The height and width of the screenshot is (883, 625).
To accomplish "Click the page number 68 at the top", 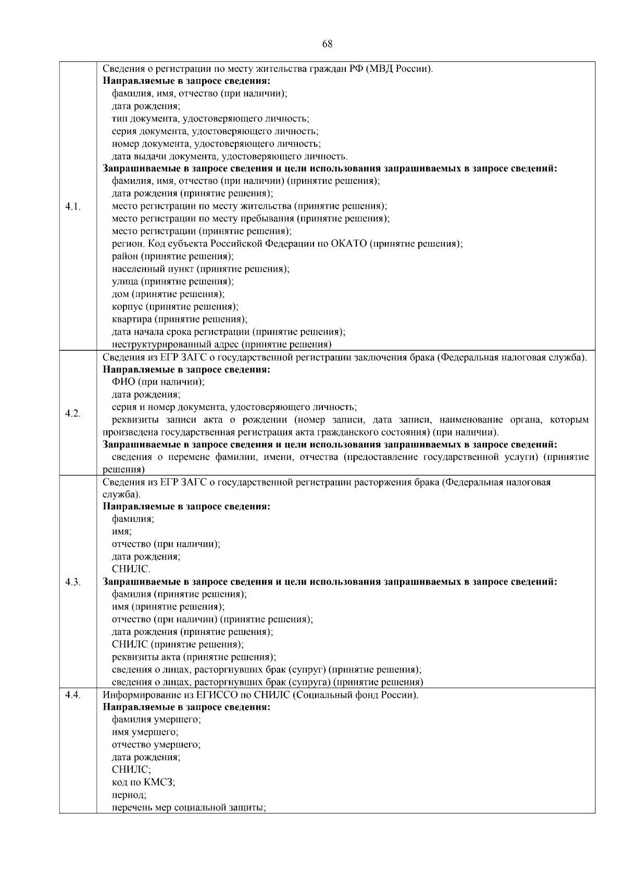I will (327, 44).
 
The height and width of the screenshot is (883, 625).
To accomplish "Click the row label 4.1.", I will (73, 207).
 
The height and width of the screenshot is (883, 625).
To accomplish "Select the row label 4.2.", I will (73, 413).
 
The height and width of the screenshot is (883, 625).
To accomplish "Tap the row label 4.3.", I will (73, 582).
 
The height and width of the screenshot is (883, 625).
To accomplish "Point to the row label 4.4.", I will (73, 695).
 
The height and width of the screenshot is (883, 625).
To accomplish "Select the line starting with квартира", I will (180, 319).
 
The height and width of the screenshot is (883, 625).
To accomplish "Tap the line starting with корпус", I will (175, 307).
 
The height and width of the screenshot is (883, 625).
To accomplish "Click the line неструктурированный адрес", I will (222, 344).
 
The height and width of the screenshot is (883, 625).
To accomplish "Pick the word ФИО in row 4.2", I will (123, 382).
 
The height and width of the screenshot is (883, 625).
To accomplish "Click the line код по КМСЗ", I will (143, 783).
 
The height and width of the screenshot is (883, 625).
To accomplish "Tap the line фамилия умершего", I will (156, 720).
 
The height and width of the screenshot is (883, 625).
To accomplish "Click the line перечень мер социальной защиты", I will (189, 808).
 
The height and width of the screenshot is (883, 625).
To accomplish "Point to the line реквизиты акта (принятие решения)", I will (194, 657).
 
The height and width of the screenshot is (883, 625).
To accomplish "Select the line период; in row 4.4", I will (129, 796).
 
